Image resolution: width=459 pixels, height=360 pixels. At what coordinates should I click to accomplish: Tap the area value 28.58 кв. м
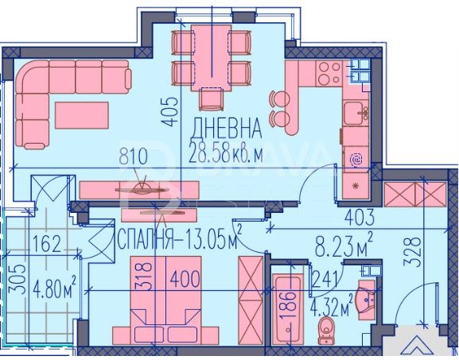pyautogui.click(x=226, y=153)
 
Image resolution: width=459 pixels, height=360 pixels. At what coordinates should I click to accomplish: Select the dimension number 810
pyautogui.click(x=134, y=157)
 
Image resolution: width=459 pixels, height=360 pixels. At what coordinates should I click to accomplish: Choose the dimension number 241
pyautogui.click(x=326, y=277)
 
